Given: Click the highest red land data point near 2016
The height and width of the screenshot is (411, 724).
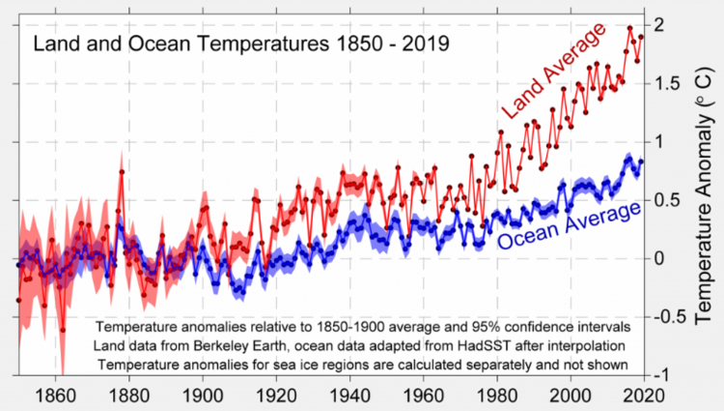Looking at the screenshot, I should (630, 28).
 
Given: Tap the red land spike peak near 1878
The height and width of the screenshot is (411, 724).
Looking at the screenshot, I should (122, 172).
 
